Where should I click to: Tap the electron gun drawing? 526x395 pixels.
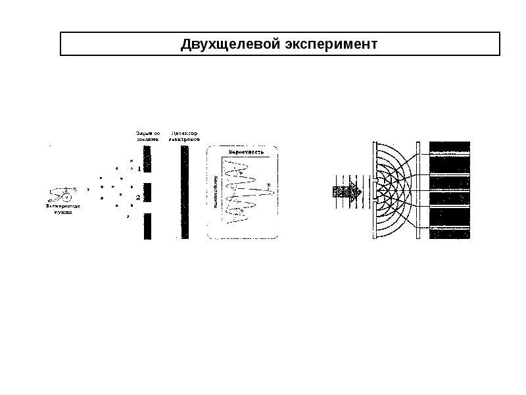click(x=62, y=194)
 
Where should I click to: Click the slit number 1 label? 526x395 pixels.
click(x=138, y=168)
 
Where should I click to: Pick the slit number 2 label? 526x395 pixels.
click(x=137, y=197)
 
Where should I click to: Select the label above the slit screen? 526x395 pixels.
click(x=147, y=136)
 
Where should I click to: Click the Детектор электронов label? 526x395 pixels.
click(x=185, y=136)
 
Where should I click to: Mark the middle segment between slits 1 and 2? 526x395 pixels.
click(x=147, y=192)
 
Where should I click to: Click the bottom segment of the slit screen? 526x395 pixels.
click(x=147, y=226)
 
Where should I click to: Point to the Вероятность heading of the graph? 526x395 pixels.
click(x=246, y=152)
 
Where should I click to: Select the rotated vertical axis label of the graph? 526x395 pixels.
click(x=216, y=191)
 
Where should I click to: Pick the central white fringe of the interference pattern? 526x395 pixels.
click(x=450, y=192)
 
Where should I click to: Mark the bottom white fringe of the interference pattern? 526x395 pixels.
click(x=450, y=228)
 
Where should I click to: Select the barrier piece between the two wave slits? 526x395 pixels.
click(x=374, y=191)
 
